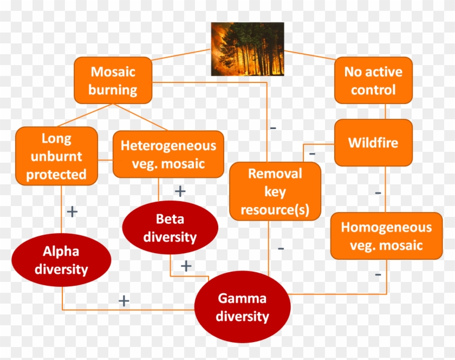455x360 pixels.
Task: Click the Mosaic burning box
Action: (x=113, y=80)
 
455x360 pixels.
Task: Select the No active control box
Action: (x=373, y=80)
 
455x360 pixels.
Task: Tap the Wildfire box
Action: (x=373, y=143)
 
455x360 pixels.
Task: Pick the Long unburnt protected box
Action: (x=56, y=156)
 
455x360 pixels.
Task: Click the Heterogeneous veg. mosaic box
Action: (x=168, y=155)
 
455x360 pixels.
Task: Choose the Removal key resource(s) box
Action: (x=275, y=191)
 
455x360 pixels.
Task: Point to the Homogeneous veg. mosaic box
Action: (x=387, y=236)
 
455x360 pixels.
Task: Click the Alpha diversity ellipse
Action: (x=61, y=260)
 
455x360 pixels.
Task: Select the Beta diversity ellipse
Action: (x=170, y=228)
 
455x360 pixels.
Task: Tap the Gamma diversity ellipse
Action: (x=242, y=307)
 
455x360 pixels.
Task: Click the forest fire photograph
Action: (x=248, y=49)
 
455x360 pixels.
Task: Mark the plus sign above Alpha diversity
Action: (x=72, y=211)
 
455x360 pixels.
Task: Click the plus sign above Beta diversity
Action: (x=180, y=191)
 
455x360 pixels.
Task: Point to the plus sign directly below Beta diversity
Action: (x=186, y=266)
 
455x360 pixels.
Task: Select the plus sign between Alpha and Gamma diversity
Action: (x=124, y=301)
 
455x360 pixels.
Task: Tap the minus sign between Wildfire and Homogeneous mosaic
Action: (x=378, y=192)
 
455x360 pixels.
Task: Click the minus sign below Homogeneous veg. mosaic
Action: (x=378, y=274)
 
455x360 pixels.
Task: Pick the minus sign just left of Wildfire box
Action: (x=312, y=153)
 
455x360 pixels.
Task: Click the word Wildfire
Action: (x=373, y=143)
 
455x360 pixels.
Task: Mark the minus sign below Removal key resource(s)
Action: (x=281, y=248)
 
